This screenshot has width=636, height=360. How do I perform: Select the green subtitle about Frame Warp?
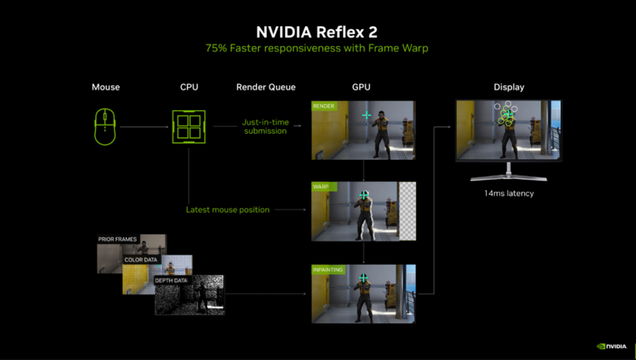point(317,48)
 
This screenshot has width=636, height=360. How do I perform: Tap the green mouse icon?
point(105,126)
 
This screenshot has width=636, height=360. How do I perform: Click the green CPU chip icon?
point(189,126)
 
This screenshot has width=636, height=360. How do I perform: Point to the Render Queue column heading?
point(266,87)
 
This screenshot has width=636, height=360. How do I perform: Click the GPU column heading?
point(362,87)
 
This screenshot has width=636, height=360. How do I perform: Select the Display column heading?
point(508,87)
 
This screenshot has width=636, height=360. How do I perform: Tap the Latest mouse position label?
point(228,209)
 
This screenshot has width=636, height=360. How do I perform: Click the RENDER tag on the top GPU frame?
point(323,106)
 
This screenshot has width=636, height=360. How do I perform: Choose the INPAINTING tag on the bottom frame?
point(328,270)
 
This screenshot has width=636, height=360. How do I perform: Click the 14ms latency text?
point(508,193)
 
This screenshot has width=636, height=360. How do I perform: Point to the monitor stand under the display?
point(508,174)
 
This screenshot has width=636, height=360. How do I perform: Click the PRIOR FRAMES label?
point(117,239)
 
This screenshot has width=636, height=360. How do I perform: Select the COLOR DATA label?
point(141,260)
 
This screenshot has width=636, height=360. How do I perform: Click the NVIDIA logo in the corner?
point(611,346)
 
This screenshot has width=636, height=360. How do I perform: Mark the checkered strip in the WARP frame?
point(407,211)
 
